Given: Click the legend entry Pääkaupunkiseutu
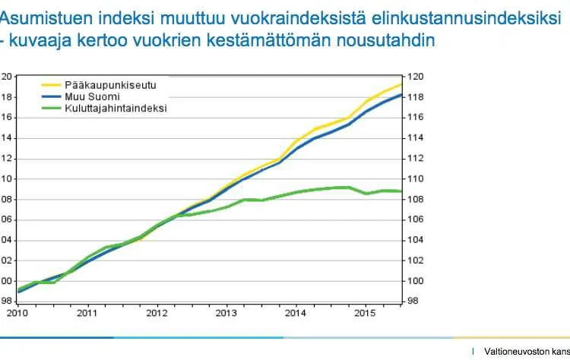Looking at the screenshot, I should point(103,85).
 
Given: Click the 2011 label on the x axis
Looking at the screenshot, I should point(87,312).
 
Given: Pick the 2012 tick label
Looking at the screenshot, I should point(157,312).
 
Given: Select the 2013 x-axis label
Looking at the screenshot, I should point(226,312).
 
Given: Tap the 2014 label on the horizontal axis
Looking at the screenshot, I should point(296,312).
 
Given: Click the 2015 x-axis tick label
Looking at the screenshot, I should point(366,312).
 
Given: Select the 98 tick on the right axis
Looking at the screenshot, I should point(412,302).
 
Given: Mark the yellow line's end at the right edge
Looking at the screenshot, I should point(401,84).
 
